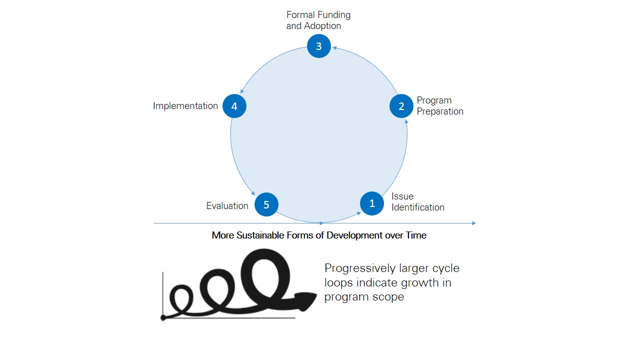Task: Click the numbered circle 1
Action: point(372,203)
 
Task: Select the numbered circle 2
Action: point(401,106)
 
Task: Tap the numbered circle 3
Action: point(319,46)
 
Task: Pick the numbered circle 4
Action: point(234,106)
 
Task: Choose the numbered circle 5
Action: point(266,204)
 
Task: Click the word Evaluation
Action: point(227,206)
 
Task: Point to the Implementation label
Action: point(185,106)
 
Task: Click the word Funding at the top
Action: point(333,15)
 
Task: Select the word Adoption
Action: point(321,26)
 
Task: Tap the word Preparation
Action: point(440,111)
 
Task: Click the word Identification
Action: point(417,207)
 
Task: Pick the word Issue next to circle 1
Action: point(402,196)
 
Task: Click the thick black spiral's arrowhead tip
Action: point(315,295)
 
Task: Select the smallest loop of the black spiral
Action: point(181,296)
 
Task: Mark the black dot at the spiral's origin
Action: point(163,317)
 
